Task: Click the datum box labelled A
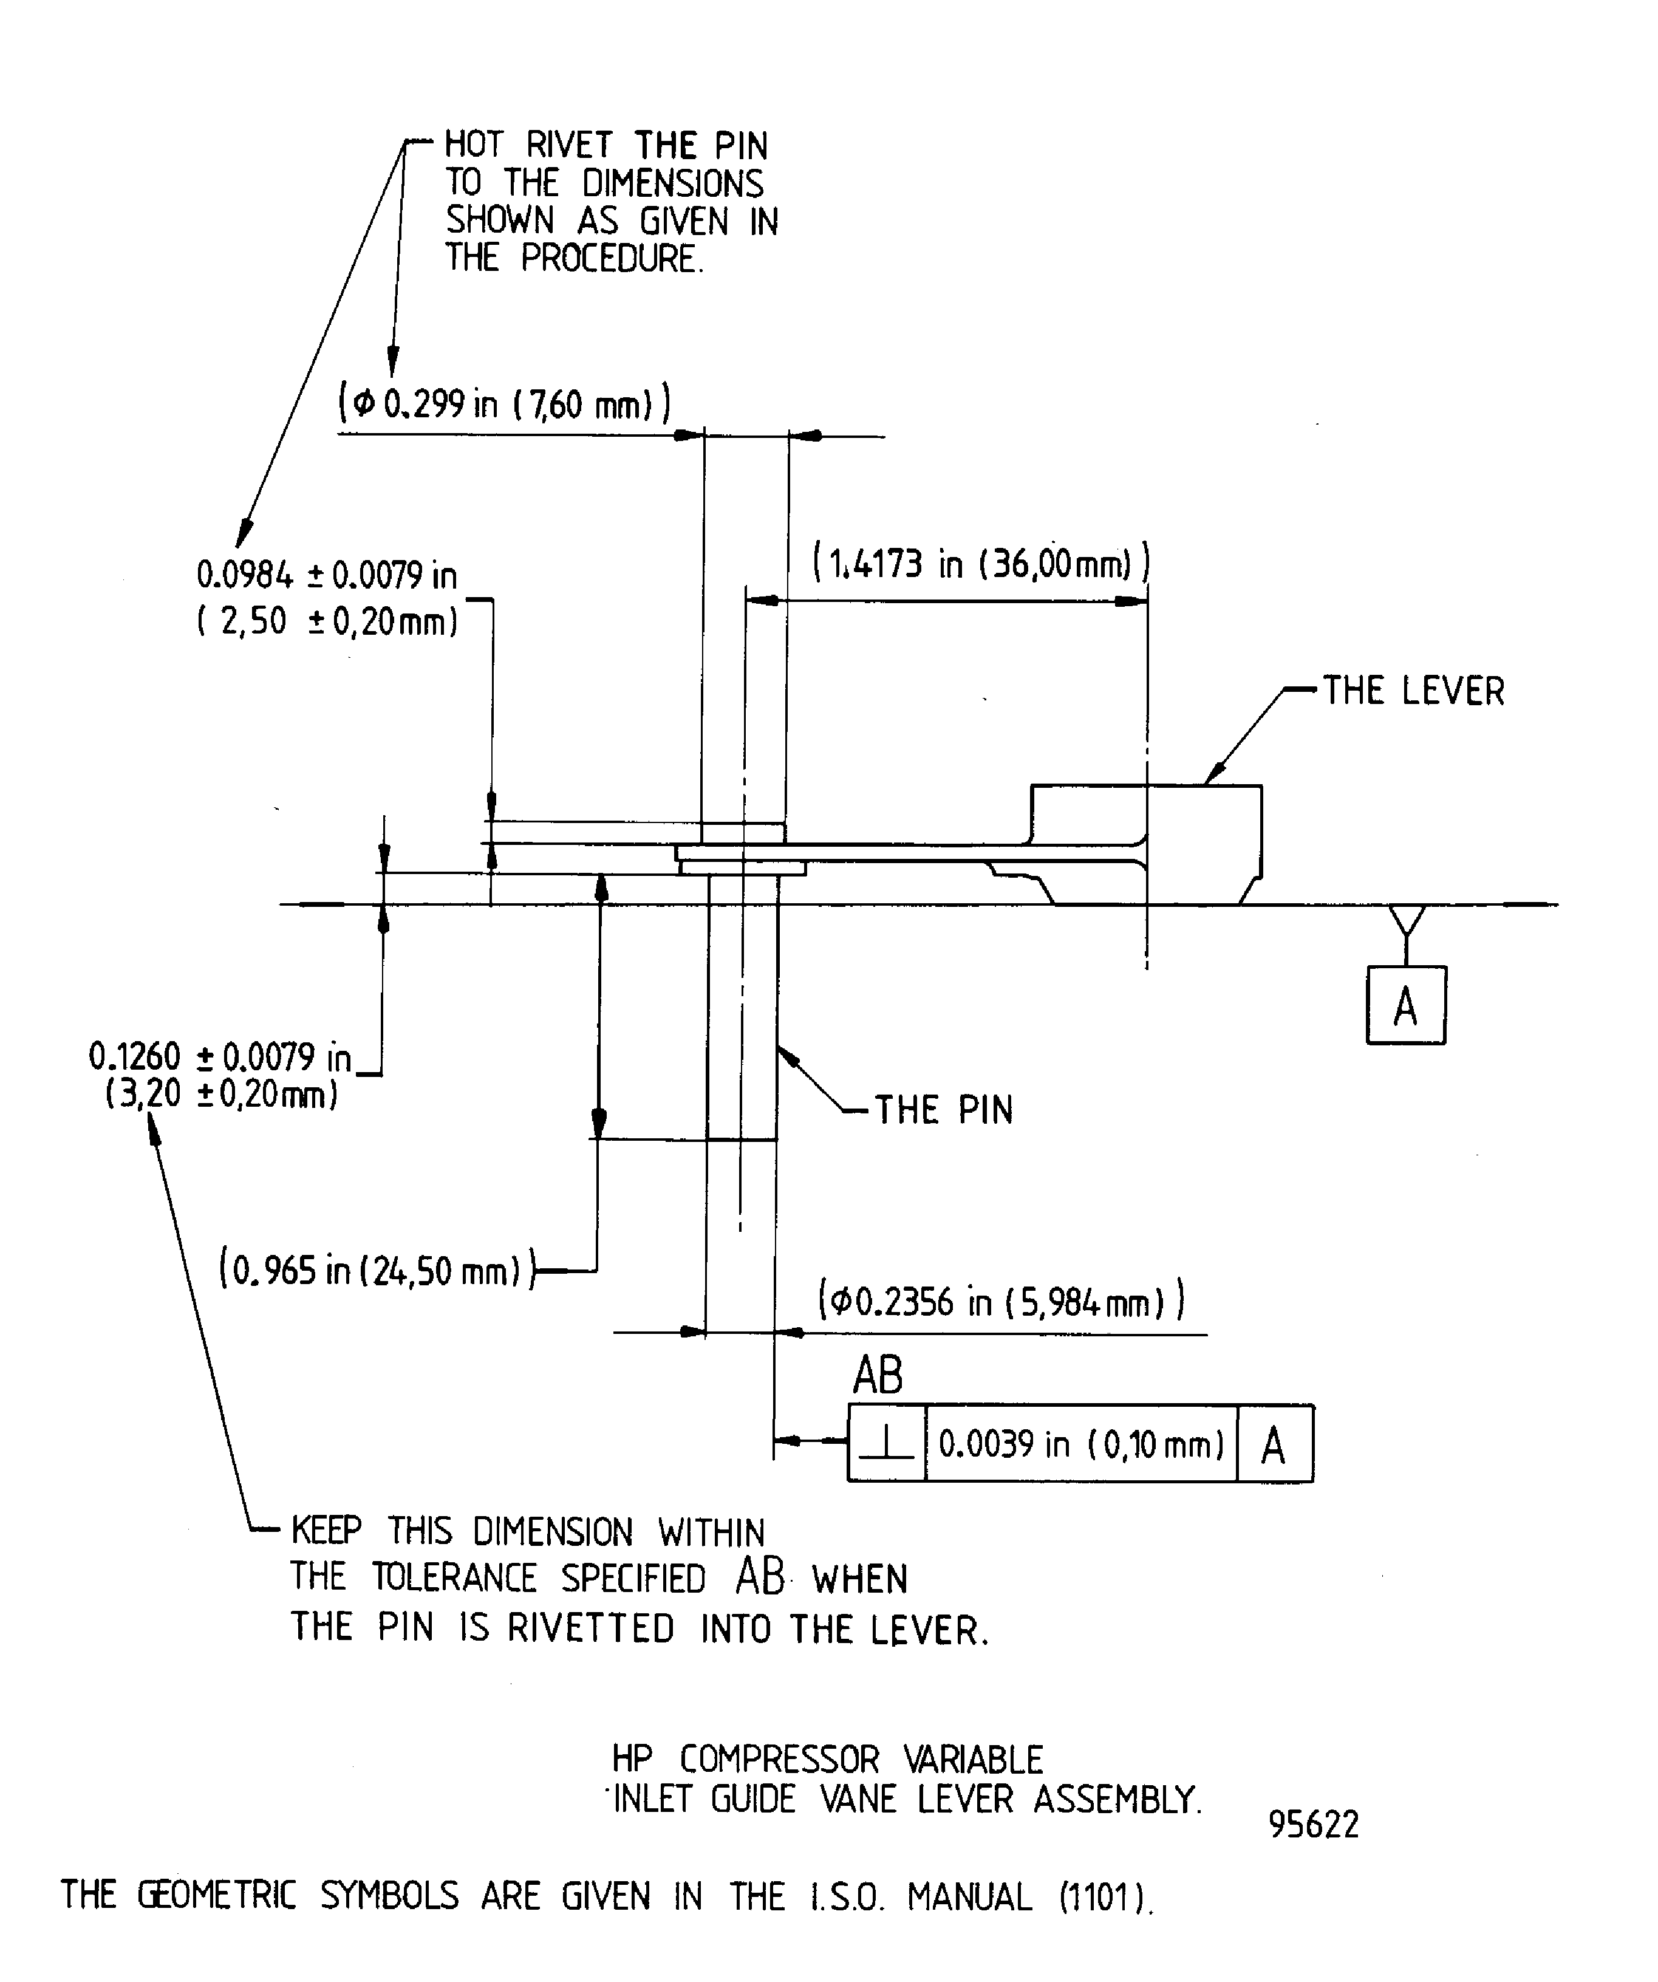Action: pyautogui.click(x=1405, y=1005)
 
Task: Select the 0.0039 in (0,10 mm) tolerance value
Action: pyautogui.click(x=1080, y=1444)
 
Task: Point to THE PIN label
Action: pyautogui.click(x=944, y=1110)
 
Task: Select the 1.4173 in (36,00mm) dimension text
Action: pyautogui.click(x=981, y=564)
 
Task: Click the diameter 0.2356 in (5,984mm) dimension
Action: pyautogui.click(x=1000, y=1302)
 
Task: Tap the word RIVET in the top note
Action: pyautogui.click(x=569, y=145)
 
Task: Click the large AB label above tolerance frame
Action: pyautogui.click(x=878, y=1375)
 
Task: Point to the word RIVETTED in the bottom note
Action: pyautogui.click(x=591, y=1628)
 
